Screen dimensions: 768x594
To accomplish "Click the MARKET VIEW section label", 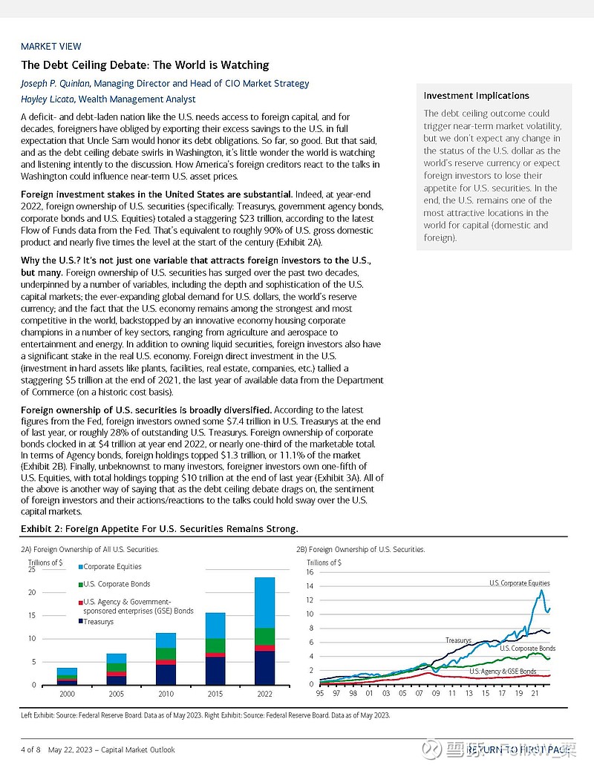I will click(x=51, y=47).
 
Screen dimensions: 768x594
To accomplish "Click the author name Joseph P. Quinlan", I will click(x=56, y=84).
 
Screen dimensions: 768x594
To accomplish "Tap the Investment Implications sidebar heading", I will click(x=476, y=96).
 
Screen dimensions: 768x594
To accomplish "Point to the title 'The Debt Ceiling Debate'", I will click(x=145, y=65).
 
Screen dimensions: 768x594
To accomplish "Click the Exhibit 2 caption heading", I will click(x=159, y=529).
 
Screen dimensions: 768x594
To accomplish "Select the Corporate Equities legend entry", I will click(x=111, y=567).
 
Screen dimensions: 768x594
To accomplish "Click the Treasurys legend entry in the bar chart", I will click(x=98, y=622).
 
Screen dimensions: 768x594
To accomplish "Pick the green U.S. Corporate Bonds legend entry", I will click(x=117, y=585).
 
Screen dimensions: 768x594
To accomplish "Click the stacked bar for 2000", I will click(x=67, y=676).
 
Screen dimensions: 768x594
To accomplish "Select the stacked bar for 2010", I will click(x=166, y=659).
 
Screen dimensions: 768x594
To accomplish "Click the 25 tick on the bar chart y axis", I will click(x=31, y=569).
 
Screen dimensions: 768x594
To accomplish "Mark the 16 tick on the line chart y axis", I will click(x=310, y=572).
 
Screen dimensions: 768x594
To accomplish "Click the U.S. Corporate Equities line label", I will click(x=519, y=583).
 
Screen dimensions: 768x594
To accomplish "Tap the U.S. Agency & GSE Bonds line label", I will click(x=503, y=672).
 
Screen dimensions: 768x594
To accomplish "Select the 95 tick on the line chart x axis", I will click(x=320, y=693).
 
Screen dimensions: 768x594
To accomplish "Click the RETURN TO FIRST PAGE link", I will click(x=520, y=749).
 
